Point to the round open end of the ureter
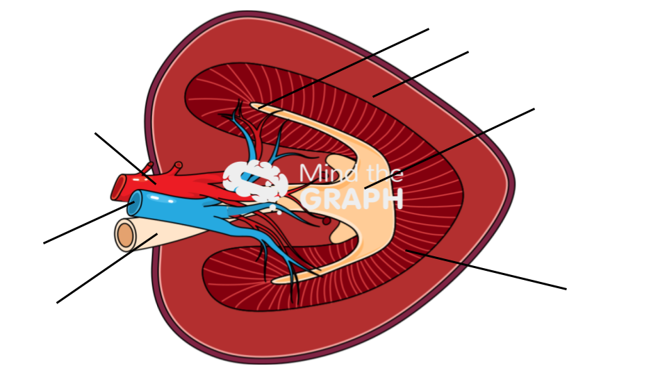(x=125, y=235)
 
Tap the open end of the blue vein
(x=135, y=203)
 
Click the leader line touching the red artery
(x=126, y=158)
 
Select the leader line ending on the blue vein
(x=89, y=223)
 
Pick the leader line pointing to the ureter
(x=107, y=268)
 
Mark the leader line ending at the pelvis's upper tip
(x=344, y=69)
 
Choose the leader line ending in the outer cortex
(x=421, y=74)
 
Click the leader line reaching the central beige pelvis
(x=450, y=149)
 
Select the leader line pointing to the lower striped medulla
(x=486, y=269)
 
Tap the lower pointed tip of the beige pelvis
(x=275, y=281)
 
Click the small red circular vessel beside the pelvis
(x=327, y=221)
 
